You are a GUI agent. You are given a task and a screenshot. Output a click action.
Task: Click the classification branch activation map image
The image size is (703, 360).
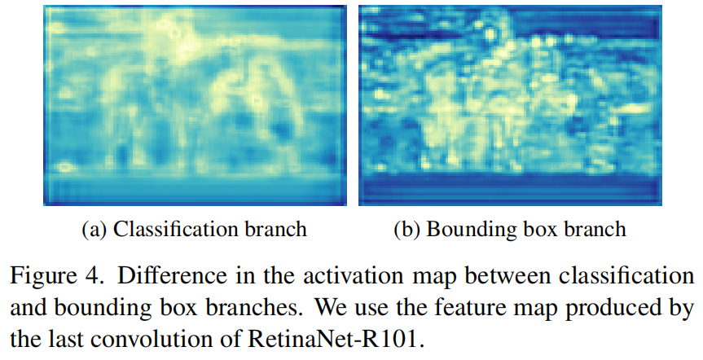[195, 104]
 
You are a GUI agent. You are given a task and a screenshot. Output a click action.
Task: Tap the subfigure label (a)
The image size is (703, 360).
[95, 230]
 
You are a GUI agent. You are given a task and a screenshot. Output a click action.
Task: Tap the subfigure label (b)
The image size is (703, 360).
[407, 230]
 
